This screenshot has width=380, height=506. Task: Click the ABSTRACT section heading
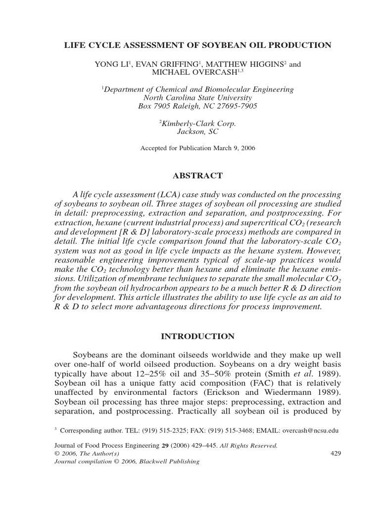tap(197, 175)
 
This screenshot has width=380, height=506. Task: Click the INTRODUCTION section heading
tap(197, 337)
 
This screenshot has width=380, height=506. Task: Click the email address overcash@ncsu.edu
tap(310, 430)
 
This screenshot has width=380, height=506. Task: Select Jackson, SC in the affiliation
tap(197, 131)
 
